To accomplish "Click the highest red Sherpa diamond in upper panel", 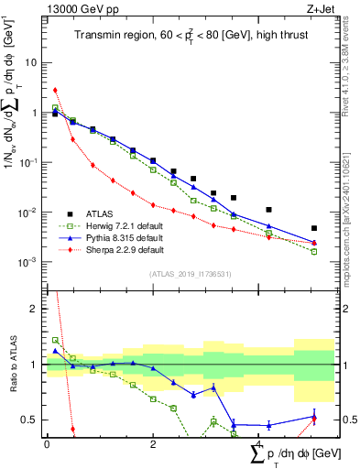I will point(56,90).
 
